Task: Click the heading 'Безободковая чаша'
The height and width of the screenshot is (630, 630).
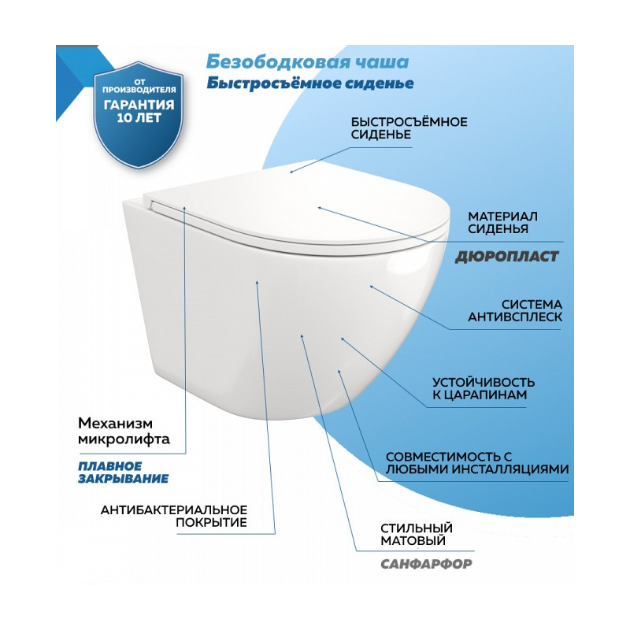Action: click(x=307, y=62)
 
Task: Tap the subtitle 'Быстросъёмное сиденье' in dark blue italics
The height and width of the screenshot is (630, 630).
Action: click(x=310, y=83)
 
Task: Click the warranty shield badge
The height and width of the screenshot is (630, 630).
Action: click(x=139, y=115)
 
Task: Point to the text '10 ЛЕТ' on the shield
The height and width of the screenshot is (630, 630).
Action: click(x=139, y=117)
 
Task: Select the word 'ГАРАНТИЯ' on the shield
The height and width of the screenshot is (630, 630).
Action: click(x=139, y=105)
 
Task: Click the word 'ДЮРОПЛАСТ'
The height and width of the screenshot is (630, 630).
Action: click(x=506, y=257)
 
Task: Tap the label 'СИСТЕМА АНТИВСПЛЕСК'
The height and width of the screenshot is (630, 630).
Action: click(x=515, y=310)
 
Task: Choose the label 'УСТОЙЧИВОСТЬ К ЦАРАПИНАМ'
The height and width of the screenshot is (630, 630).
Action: click(x=484, y=388)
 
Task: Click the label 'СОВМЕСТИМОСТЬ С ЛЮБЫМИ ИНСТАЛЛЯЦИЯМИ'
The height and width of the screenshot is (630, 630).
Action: click(x=477, y=463)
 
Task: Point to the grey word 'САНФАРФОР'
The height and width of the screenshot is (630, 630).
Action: click(x=426, y=564)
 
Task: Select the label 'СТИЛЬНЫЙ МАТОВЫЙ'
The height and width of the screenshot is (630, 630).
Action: click(x=417, y=534)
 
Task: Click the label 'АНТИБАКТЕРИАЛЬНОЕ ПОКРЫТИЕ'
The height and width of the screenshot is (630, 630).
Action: click(x=173, y=517)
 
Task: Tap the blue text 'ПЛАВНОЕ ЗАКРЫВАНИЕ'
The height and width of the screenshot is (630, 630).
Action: click(x=123, y=472)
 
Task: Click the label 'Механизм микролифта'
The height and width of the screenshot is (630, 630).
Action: click(x=124, y=431)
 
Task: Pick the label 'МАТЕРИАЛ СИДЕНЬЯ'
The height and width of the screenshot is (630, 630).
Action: click(x=502, y=223)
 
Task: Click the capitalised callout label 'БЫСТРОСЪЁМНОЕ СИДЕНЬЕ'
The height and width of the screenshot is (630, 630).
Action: click(x=409, y=128)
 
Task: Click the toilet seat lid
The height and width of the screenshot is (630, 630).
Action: click(x=295, y=209)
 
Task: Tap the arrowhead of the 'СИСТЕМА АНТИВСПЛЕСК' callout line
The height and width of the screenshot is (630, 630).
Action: click(x=371, y=286)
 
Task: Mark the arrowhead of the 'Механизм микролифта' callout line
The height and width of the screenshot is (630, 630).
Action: click(x=184, y=208)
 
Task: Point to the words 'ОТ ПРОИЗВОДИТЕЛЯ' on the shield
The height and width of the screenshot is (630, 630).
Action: click(x=139, y=87)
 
